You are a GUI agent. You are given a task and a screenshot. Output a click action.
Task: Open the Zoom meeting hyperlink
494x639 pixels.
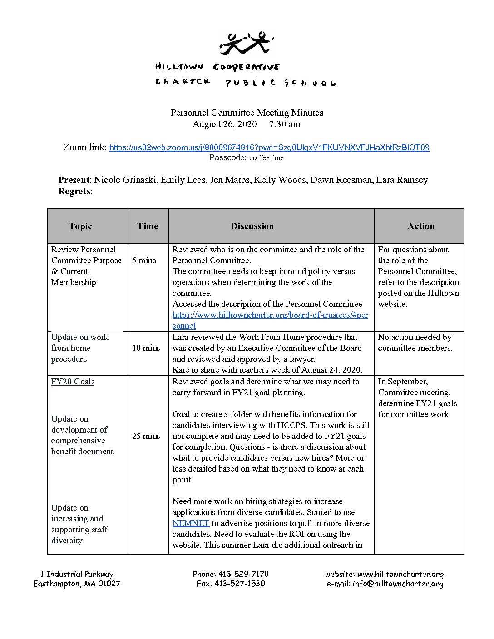pyautogui.click(x=269, y=147)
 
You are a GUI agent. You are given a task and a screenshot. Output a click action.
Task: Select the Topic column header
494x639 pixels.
pyautogui.click(x=80, y=226)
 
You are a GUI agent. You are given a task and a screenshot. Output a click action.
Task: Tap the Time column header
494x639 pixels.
pyautogui.click(x=148, y=226)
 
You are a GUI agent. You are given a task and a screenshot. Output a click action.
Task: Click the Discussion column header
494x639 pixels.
pyautogui.click(x=252, y=226)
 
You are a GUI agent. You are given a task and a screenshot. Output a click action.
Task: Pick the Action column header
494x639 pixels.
pyautogui.click(x=420, y=226)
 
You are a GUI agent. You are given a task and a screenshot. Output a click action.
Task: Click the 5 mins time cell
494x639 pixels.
pyautogui.click(x=144, y=261)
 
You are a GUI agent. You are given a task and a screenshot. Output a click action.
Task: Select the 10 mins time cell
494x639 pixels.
pyautogui.click(x=146, y=348)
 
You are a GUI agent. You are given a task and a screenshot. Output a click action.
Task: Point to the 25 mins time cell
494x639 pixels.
pyautogui.click(x=146, y=436)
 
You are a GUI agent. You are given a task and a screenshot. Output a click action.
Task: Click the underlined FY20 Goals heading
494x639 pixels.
pyautogui.click(x=73, y=382)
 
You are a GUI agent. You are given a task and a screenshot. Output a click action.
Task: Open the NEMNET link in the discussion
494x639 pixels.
pyautogui.click(x=191, y=523)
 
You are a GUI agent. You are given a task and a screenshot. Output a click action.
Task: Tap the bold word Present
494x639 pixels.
pyautogui.click(x=74, y=180)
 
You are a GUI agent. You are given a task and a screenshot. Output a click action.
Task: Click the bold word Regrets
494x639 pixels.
pyautogui.click(x=74, y=191)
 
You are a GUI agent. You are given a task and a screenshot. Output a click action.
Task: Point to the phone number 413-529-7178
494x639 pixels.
pyautogui.click(x=243, y=574)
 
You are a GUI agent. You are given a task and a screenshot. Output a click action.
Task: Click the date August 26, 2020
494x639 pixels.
pyautogui.click(x=224, y=124)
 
